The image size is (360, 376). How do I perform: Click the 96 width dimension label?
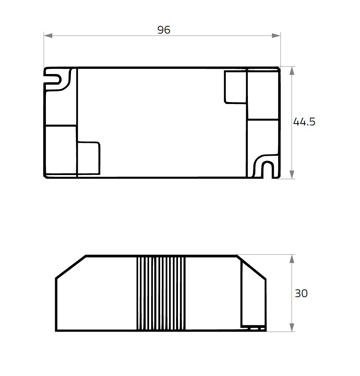[x=164, y=30]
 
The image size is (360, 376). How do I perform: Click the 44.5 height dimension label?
[x=304, y=122]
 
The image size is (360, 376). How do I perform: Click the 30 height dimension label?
[x=301, y=293]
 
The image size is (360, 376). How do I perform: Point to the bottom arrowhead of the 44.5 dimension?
[x=292, y=174]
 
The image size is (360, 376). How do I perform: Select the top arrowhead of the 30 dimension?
[x=292, y=259]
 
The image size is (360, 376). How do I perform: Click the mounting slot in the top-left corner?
[x=55, y=79]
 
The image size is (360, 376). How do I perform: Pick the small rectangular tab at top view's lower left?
[x=88, y=158]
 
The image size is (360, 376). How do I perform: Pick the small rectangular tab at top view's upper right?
[x=235, y=87]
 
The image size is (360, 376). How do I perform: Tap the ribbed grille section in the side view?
[x=161, y=293]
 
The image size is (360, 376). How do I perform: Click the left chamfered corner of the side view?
[x=70, y=267]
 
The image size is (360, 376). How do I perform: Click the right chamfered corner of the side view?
[x=252, y=267]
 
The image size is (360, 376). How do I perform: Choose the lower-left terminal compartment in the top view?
[x=60, y=150]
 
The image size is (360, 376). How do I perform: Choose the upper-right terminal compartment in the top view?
[x=263, y=95]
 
